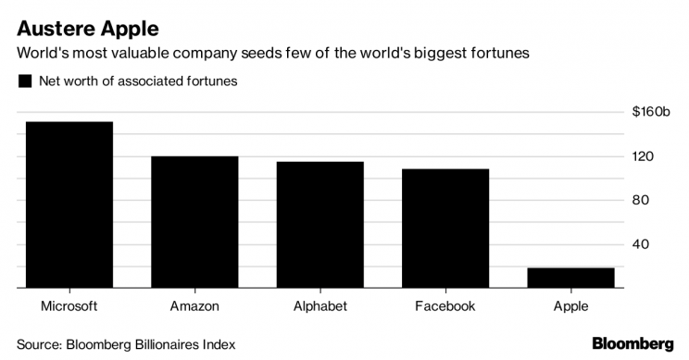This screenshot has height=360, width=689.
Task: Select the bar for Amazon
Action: [x=194, y=222]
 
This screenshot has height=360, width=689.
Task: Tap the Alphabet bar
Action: [x=320, y=225]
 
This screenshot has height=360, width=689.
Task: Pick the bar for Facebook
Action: [x=445, y=229]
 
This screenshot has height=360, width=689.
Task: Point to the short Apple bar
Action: [x=570, y=278]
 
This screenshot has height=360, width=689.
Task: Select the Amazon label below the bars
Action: [x=194, y=306]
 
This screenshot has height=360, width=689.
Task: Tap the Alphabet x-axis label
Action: [x=320, y=306]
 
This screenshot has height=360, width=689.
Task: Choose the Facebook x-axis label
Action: [x=445, y=306]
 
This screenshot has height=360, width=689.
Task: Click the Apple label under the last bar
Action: [x=570, y=306]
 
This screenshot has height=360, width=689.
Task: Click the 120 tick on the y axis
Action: [x=643, y=156]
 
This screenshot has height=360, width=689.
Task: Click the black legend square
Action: [x=24, y=81]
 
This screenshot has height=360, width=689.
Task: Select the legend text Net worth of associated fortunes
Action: [x=138, y=81]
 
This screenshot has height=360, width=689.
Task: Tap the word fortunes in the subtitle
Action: [x=501, y=54]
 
